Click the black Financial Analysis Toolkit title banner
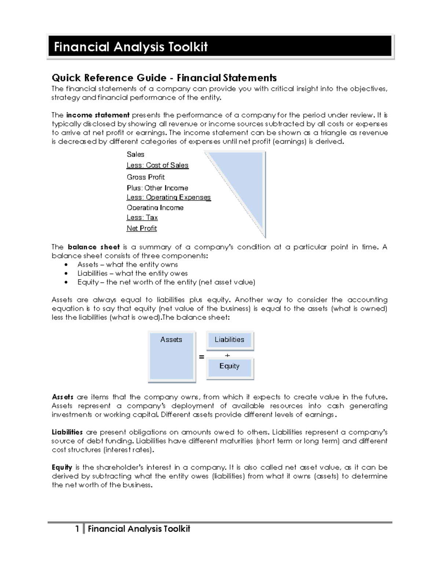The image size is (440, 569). [220, 47]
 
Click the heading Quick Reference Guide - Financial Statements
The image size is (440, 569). [164, 78]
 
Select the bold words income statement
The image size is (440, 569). [98, 115]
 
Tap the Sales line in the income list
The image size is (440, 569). [135, 154]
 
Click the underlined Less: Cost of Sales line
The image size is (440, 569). [157, 165]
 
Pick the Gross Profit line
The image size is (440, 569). [146, 177]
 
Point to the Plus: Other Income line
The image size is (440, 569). [157, 188]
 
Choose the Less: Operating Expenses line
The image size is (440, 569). [168, 197]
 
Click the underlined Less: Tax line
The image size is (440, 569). [142, 218]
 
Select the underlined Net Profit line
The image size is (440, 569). [142, 228]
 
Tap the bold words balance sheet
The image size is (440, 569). [94, 247]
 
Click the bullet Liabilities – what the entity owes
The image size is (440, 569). [132, 273]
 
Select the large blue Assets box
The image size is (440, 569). [171, 356]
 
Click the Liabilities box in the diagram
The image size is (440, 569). [230, 340]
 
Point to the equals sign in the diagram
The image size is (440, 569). [201, 356]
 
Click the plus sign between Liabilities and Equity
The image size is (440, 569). [227, 355]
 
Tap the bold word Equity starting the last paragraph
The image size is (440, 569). [62, 467]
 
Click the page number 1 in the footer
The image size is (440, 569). [77, 529]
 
